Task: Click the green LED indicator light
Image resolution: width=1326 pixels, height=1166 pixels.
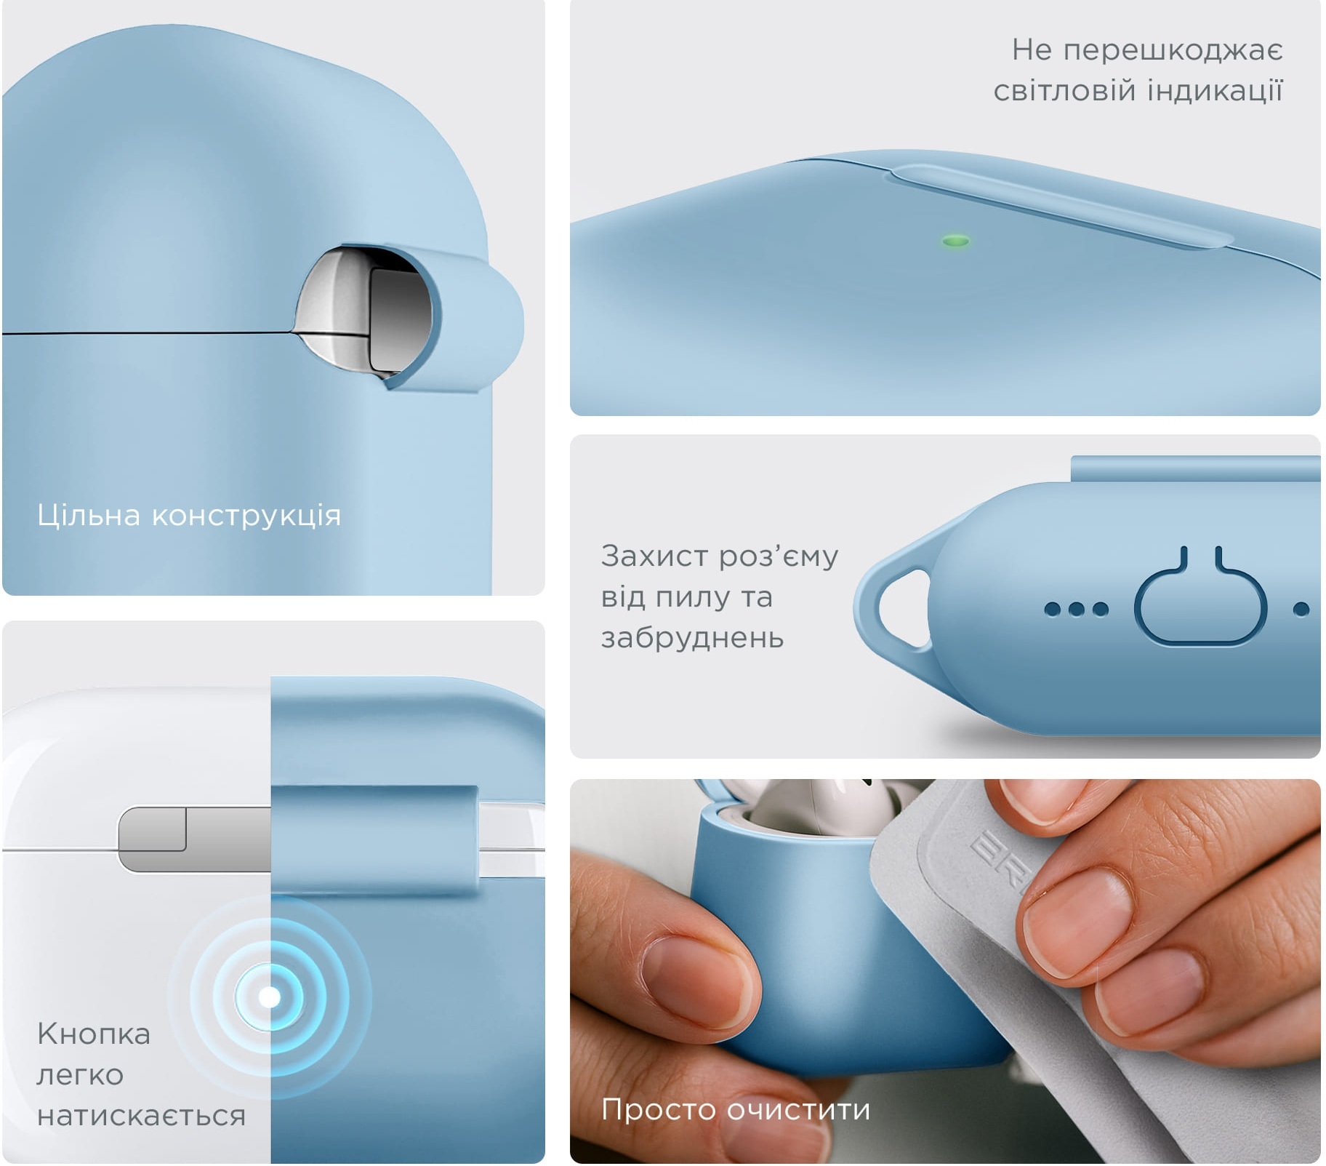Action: [955, 241]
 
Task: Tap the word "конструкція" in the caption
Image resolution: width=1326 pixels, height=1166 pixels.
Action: [246, 516]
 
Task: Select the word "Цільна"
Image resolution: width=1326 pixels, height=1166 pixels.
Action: [89, 516]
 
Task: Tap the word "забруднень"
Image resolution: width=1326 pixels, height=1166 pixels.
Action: [692, 638]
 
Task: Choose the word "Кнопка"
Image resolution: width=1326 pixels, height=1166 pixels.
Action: [94, 1034]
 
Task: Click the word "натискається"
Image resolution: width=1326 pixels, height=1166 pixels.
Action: [141, 1116]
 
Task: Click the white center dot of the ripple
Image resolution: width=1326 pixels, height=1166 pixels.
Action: [270, 997]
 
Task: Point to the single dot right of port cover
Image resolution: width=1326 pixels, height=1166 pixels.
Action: [1301, 609]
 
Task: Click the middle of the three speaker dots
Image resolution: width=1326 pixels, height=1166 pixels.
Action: [1076, 609]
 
